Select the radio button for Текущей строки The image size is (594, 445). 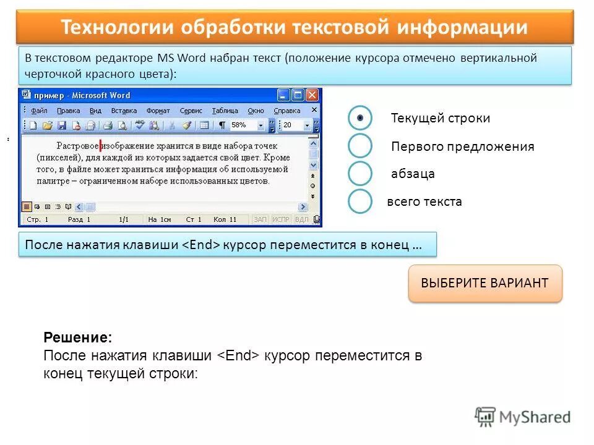coord(359,117)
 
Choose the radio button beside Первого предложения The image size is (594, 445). coord(359,146)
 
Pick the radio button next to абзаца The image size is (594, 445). coord(359,174)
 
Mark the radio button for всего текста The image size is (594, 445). coord(359,201)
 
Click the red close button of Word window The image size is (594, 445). coord(312,95)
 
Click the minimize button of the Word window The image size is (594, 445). coord(283,95)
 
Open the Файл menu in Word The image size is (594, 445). coord(38,111)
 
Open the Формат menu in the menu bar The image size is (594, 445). coord(158,111)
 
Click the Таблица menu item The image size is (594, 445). coord(224,111)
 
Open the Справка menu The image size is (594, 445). coord(286,111)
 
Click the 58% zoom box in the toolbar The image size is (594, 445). coord(243,125)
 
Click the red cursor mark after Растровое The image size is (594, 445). coord(100,146)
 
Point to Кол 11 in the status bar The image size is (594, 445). coord(225,219)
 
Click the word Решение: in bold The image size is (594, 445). coord(78,339)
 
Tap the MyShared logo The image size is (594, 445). coord(522,417)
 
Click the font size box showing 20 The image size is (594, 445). coord(291,125)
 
